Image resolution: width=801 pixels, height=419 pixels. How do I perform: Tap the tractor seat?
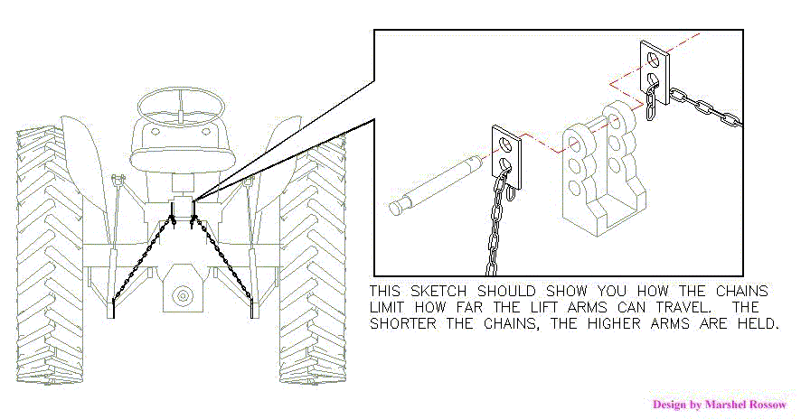pos(180,155)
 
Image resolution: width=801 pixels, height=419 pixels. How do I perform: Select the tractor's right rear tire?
pos(312,262)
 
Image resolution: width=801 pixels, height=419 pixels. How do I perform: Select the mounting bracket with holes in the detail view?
pos(601,172)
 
